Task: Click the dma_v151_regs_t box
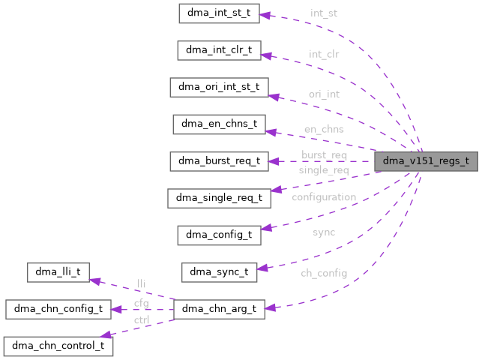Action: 426,160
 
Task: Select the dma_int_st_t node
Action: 219,13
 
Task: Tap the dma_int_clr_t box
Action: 219,50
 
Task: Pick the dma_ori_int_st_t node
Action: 219,87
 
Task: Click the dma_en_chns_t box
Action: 219,124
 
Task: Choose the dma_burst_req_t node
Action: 219,160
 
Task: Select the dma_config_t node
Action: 219,235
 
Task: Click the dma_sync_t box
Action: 219,271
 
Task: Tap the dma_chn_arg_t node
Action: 219,308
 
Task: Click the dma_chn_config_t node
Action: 58,308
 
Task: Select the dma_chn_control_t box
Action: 58,346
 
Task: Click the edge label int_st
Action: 324,13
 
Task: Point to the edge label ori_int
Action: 324,94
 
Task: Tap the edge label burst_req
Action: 324,155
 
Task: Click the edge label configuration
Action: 324,197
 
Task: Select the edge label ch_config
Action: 324,273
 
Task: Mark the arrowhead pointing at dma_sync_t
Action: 262,268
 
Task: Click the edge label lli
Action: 141,283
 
